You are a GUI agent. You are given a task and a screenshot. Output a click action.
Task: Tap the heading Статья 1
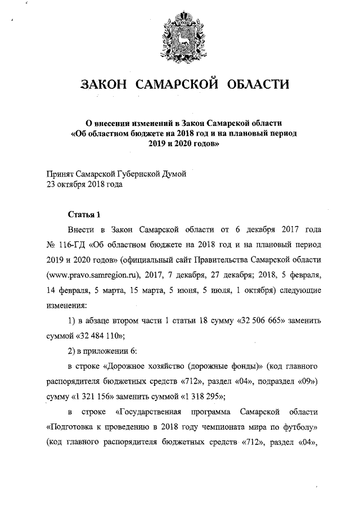pos(84,214)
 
